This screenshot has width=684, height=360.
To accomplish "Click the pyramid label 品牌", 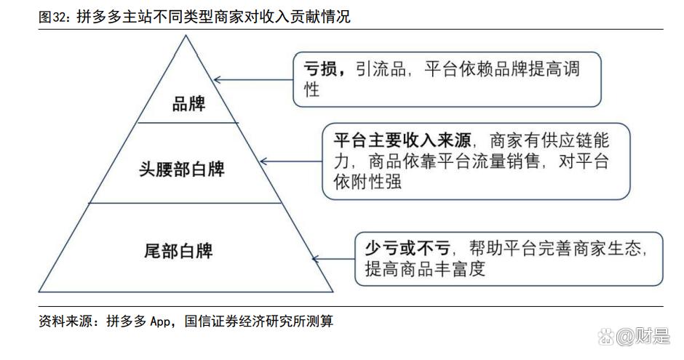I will (x=188, y=104).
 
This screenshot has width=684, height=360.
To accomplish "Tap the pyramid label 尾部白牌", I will (x=178, y=251).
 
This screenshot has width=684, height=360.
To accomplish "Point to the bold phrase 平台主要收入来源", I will (x=403, y=140).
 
